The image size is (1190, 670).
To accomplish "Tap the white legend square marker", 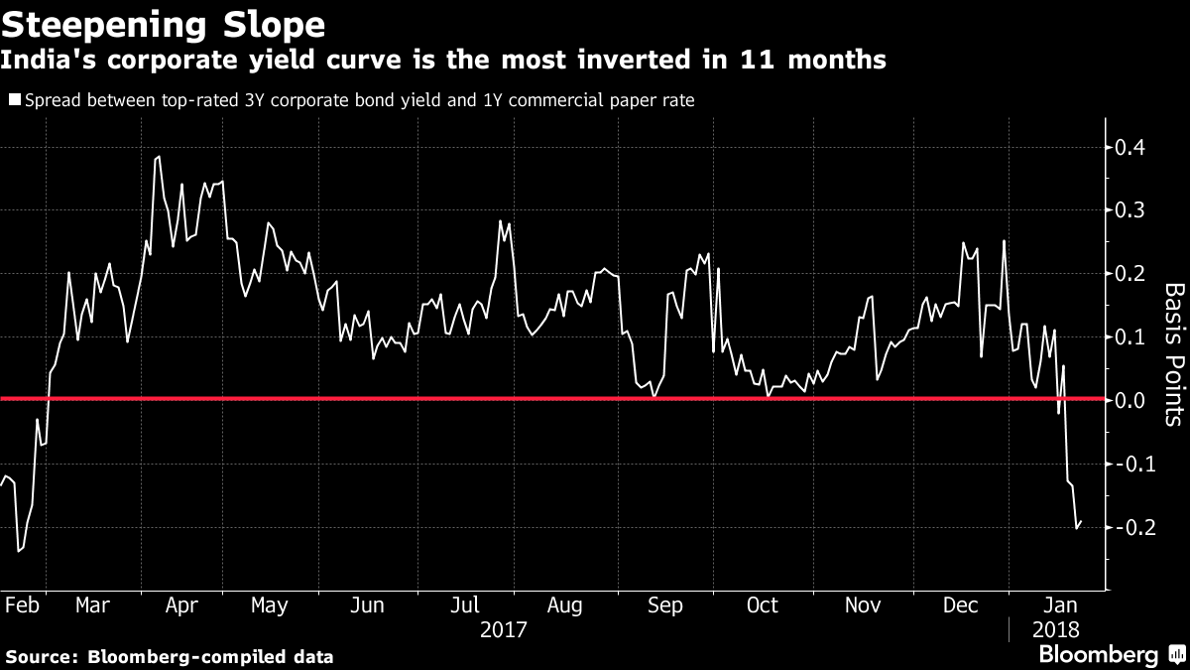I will point(14,100).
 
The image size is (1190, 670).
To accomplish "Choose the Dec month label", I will point(961,605).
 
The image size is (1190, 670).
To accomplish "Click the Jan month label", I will point(1058,605).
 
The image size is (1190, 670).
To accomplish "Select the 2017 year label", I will point(503,629).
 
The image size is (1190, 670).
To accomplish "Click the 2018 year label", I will point(1055,629).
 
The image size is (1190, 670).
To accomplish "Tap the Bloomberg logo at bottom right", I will point(1098,654).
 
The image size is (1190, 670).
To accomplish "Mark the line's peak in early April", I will point(159,157).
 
